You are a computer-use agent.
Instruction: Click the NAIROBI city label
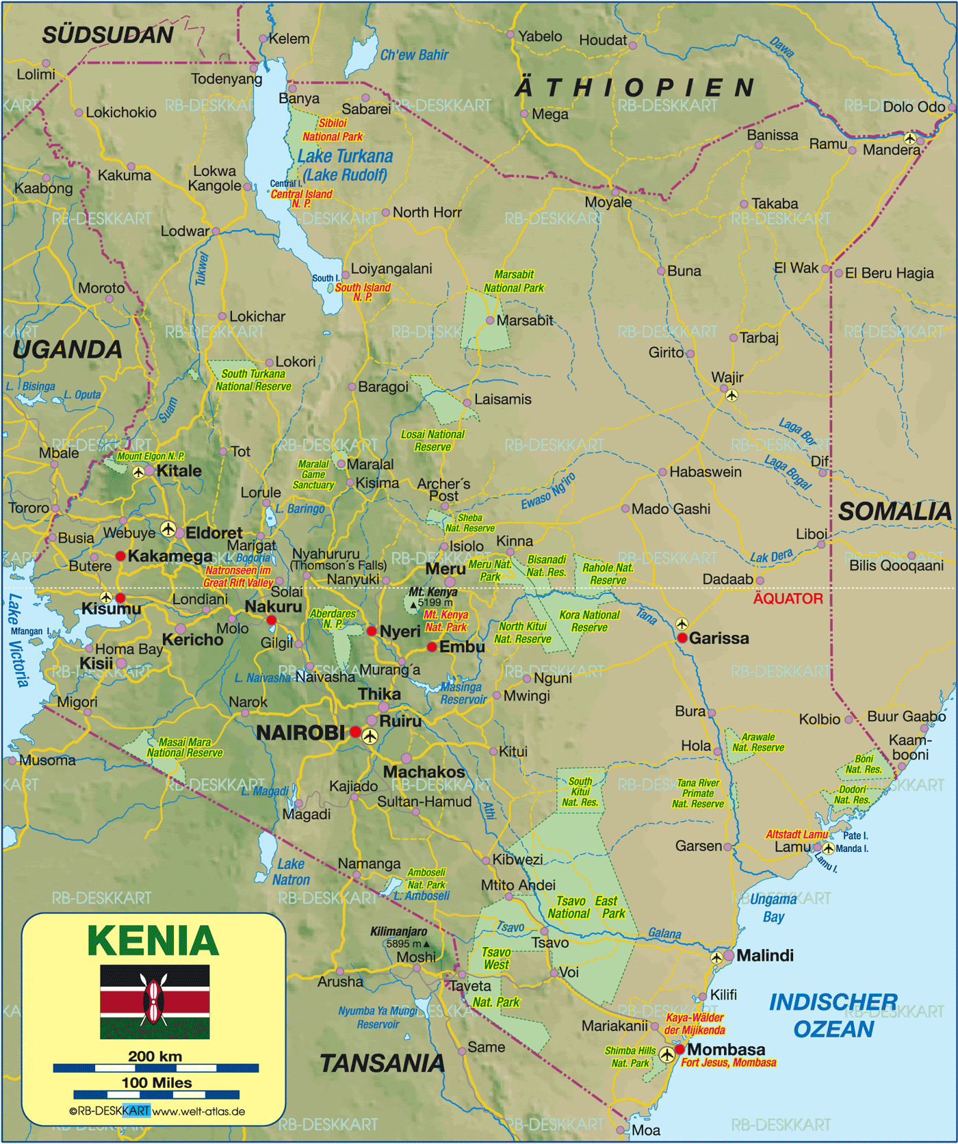300,733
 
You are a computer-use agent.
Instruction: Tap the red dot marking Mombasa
679,1049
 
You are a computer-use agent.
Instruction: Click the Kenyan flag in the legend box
155,1002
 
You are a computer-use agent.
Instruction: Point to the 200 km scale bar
155,1067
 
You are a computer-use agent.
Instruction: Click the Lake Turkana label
345,157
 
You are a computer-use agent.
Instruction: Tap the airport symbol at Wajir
732,395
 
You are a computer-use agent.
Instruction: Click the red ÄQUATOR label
788,599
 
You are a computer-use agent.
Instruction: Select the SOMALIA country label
894,511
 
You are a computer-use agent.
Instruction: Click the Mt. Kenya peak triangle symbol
413,605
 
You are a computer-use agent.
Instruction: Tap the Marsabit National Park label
514,281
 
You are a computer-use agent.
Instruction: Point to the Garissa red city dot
682,638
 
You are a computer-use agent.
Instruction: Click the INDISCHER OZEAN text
833,1015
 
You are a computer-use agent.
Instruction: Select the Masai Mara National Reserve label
185,747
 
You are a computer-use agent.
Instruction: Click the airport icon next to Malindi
716,957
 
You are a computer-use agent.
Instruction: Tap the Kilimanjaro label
398,931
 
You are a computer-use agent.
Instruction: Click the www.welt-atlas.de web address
198,1111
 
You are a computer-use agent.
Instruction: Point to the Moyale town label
608,203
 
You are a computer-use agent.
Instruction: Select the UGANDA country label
67,350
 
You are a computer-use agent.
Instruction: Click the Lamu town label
792,847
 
